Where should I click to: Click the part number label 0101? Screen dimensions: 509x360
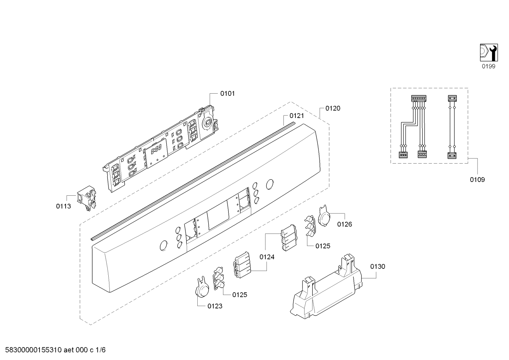point(227,94)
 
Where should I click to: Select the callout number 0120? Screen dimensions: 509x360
point(333,108)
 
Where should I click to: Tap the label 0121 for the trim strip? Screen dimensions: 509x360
point(297,116)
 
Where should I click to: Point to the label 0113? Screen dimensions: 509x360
point(64,206)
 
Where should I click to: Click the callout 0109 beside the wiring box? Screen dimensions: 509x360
point(477,180)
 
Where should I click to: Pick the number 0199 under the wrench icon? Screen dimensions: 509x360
point(489,66)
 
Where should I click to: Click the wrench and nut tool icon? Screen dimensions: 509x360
point(489,53)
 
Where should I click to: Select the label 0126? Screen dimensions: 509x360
point(345,224)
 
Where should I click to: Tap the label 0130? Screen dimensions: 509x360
point(378,266)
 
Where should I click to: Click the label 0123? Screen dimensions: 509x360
point(215,306)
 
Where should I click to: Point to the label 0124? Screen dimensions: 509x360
point(267,257)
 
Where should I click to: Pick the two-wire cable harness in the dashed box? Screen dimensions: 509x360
point(452,127)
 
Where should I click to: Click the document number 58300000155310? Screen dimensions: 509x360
point(34,350)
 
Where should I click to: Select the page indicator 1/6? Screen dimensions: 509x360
point(100,350)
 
